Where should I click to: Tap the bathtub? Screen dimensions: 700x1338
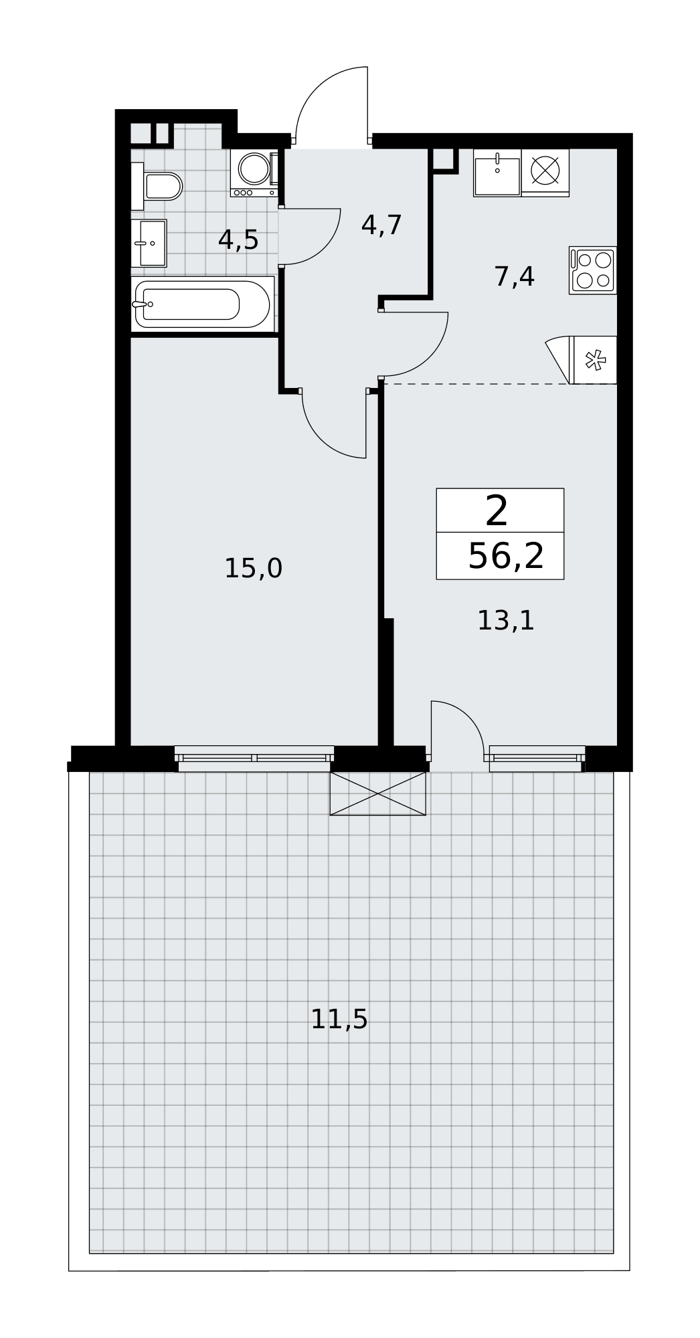click(x=203, y=304)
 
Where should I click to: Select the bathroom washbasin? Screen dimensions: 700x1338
click(x=149, y=243)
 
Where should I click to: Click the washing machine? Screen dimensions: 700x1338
click(x=254, y=173)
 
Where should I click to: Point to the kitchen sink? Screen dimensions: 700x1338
click(x=497, y=173)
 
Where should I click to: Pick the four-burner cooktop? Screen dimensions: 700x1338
click(x=593, y=270)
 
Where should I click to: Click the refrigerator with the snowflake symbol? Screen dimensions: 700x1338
click(x=593, y=360)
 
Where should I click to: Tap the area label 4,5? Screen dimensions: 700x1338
click(x=238, y=240)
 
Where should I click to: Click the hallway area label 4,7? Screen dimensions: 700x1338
click(x=381, y=225)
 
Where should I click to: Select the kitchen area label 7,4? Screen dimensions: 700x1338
click(x=515, y=276)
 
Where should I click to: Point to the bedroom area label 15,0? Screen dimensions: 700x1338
click(x=253, y=569)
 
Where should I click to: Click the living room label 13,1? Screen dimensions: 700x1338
click(x=506, y=621)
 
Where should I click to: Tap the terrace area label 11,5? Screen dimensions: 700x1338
click(x=339, y=1020)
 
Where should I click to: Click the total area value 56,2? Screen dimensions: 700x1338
click(x=506, y=556)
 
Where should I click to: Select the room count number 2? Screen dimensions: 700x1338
click(x=497, y=512)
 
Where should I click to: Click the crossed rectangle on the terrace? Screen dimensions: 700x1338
click(x=378, y=793)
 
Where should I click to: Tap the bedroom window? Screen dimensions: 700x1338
click(x=254, y=758)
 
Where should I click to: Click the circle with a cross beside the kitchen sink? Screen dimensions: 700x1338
click(x=545, y=171)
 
